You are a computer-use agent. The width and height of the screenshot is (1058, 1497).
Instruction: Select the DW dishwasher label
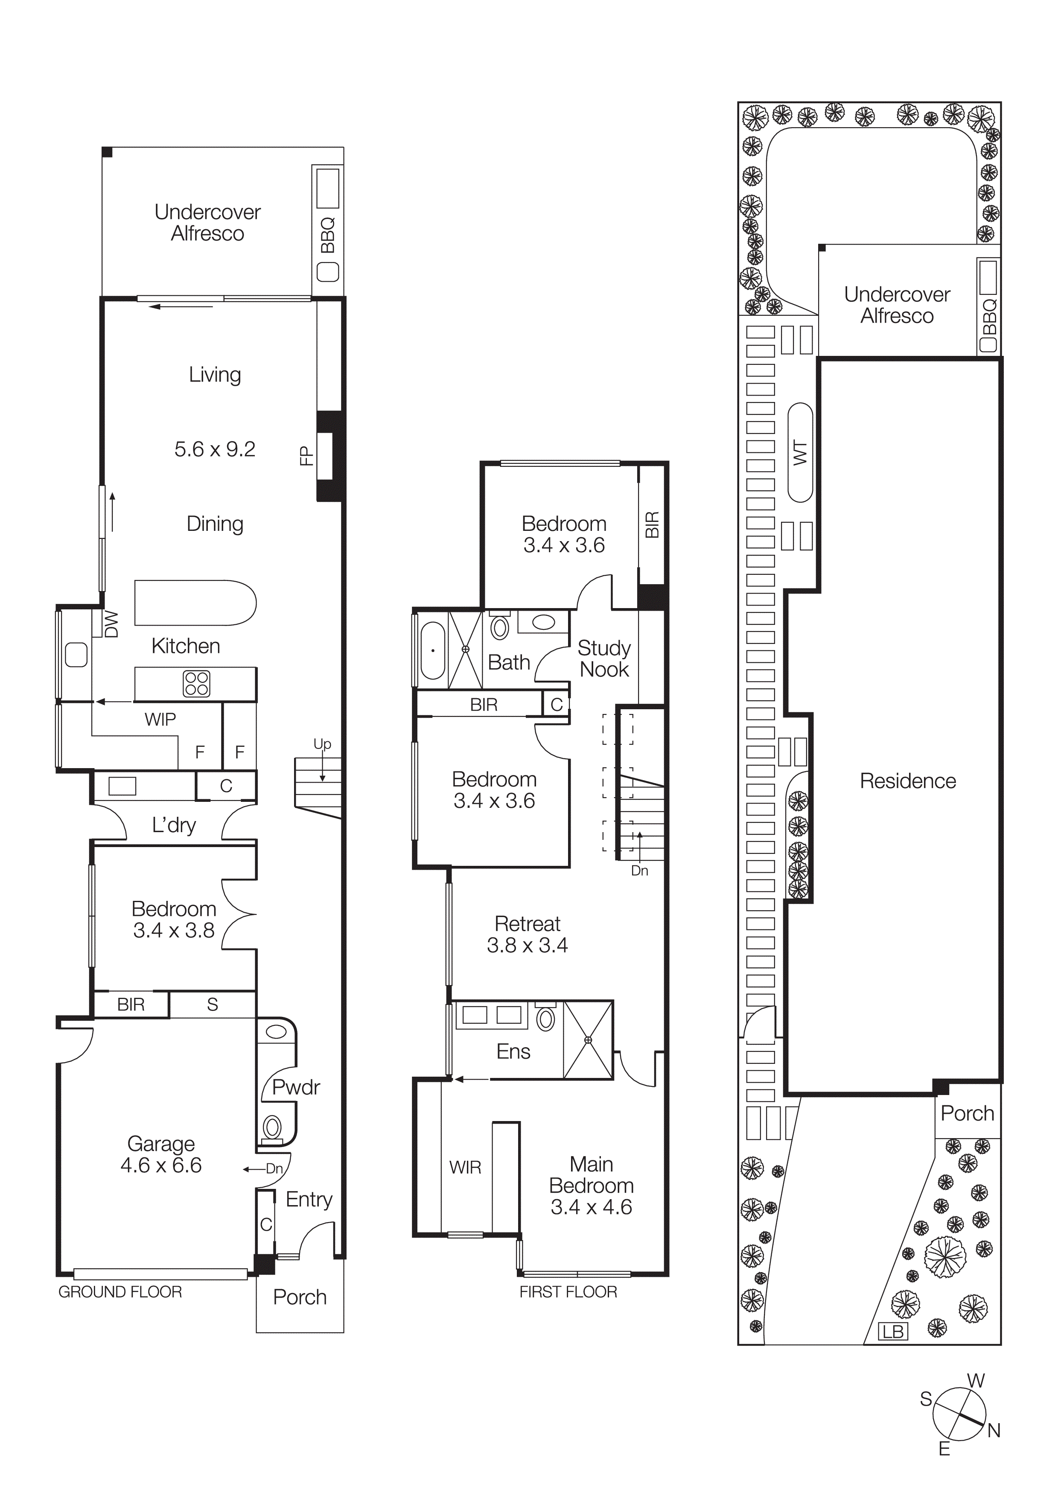(111, 623)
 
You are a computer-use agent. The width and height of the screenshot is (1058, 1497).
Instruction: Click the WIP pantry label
(160, 719)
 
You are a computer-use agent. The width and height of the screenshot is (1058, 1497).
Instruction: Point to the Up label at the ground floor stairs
(322, 744)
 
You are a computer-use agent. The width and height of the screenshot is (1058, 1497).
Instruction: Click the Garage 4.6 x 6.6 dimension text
(161, 1165)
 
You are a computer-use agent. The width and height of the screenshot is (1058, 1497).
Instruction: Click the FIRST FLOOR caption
(568, 1292)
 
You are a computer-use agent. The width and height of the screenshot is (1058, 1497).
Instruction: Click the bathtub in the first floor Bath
(433, 650)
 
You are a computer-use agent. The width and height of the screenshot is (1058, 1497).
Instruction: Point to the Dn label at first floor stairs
(639, 871)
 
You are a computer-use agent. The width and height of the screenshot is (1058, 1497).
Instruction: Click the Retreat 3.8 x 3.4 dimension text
(528, 945)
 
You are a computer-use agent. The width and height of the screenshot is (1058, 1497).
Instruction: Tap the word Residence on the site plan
(907, 781)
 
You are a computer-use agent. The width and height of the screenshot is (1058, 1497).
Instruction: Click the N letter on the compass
(994, 1430)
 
